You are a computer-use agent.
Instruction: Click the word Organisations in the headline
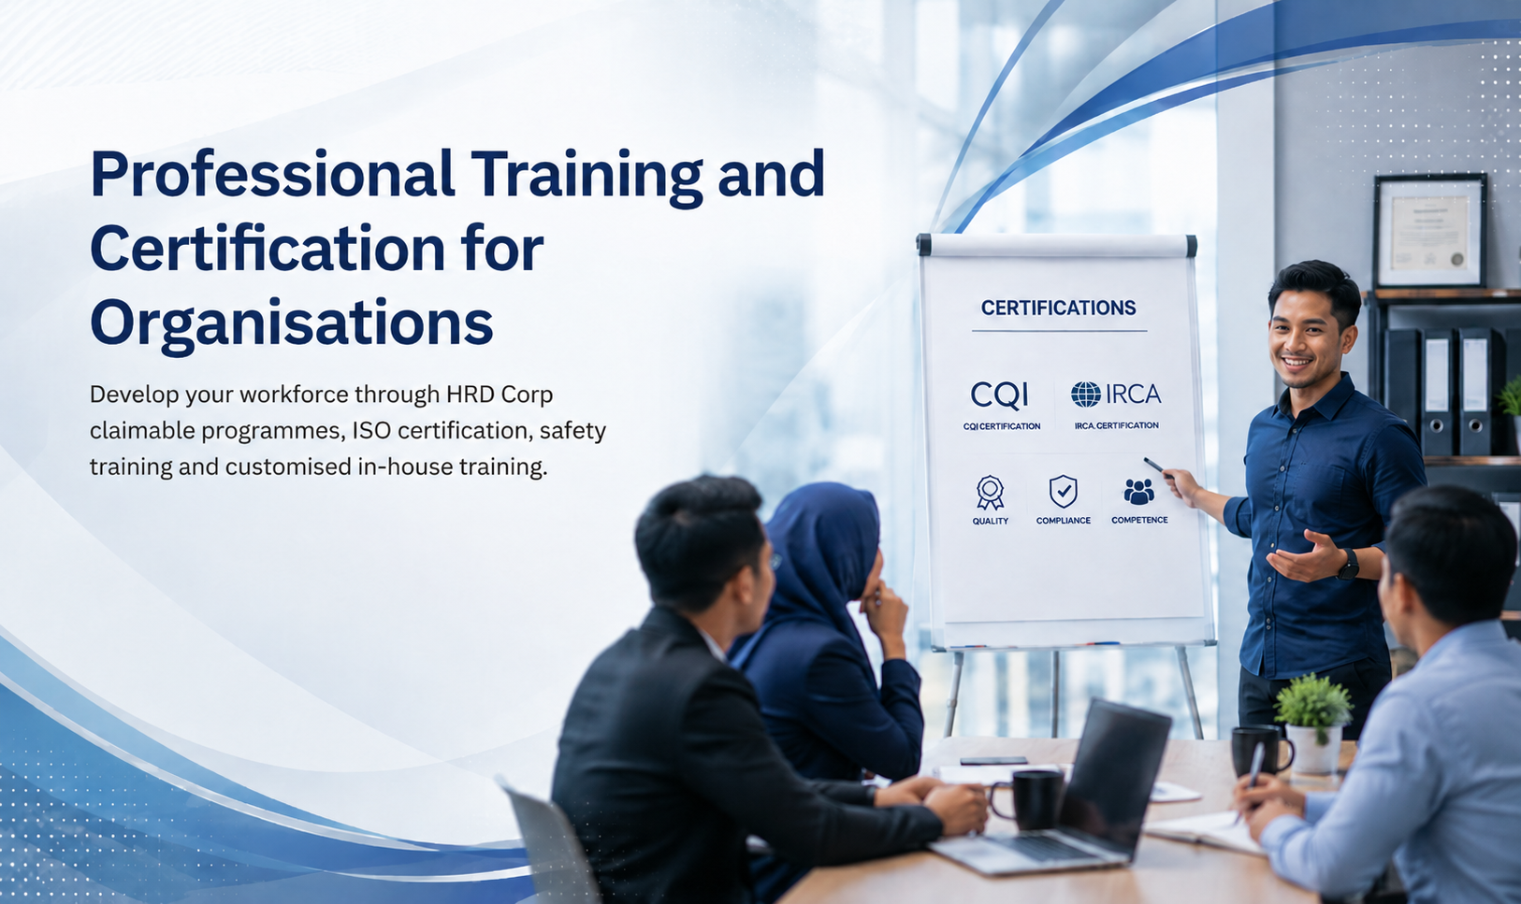click(x=291, y=323)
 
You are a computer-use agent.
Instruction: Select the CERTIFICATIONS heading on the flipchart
click(x=1058, y=309)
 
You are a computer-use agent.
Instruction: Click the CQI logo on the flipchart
click(x=999, y=395)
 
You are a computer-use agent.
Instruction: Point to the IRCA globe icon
click(x=1086, y=395)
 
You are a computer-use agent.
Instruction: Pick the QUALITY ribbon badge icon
click(x=990, y=492)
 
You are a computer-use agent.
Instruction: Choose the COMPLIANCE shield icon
click(x=1063, y=492)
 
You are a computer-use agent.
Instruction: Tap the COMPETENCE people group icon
click(x=1138, y=492)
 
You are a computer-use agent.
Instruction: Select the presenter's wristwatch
click(x=1347, y=565)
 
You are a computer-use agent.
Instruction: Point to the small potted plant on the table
click(x=1314, y=724)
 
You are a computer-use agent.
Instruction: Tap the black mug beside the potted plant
click(x=1261, y=751)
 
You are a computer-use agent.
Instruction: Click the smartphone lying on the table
click(x=993, y=761)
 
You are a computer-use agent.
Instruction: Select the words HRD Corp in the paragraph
click(x=500, y=395)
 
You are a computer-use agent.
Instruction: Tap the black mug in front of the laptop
click(x=1026, y=799)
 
